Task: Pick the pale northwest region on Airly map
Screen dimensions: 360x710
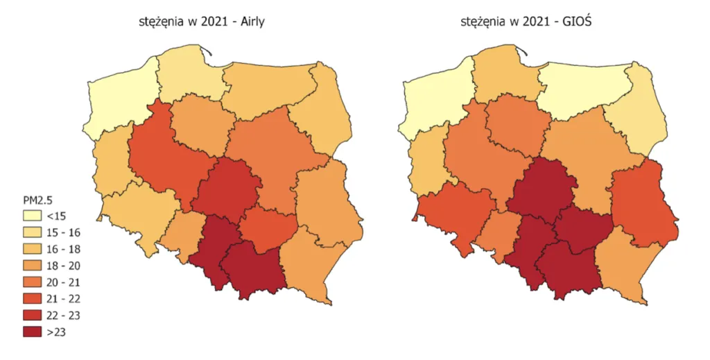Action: (121, 101)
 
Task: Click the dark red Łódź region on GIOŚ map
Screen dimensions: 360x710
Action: (537, 187)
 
